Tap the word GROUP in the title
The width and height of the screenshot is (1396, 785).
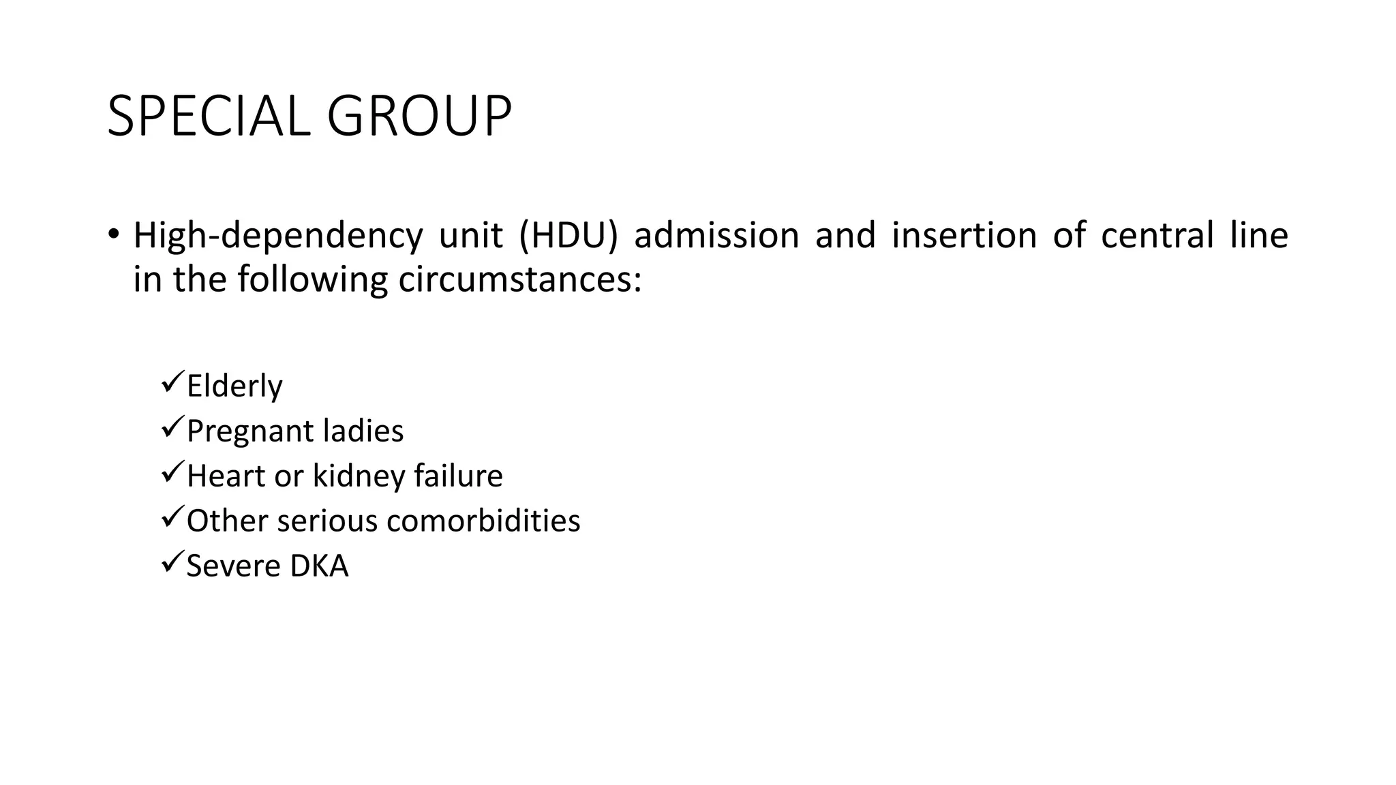(x=419, y=117)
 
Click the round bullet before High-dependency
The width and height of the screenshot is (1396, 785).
(x=113, y=234)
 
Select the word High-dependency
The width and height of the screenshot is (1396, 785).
(x=277, y=236)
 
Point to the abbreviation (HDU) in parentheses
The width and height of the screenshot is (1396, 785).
(x=568, y=235)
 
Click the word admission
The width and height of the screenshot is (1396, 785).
(x=716, y=235)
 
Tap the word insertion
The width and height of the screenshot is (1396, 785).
(x=964, y=235)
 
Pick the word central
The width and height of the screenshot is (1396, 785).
(x=1157, y=235)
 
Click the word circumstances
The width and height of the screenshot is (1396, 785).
(x=519, y=280)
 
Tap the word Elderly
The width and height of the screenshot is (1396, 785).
(x=234, y=386)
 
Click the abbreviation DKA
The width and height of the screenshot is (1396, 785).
(x=318, y=566)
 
